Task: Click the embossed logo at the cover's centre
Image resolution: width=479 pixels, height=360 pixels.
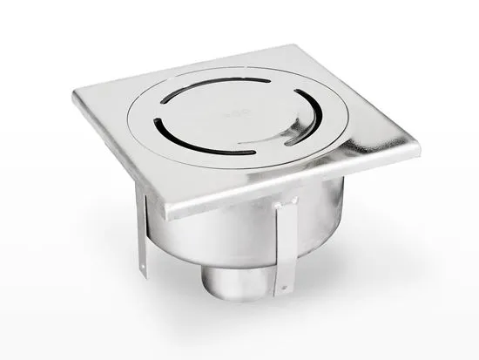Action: coord(230,114)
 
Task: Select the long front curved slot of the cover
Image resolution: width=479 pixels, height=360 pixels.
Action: coord(202,146)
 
